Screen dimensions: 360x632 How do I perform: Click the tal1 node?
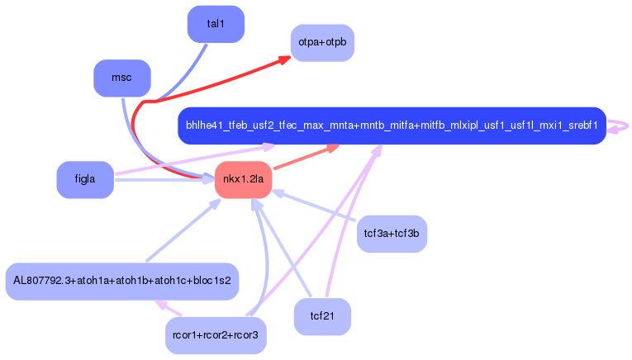tap(216, 24)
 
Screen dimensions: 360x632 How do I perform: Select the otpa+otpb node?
tap(322, 42)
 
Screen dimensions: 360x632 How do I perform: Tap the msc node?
tap(121, 78)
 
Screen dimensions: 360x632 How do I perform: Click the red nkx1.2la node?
tap(244, 179)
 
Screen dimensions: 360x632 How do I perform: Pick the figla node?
tap(84, 179)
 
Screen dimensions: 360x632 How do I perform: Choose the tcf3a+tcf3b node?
tap(392, 234)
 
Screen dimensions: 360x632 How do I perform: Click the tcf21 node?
tap(322, 316)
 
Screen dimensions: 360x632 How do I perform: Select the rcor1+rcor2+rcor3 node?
tap(216, 335)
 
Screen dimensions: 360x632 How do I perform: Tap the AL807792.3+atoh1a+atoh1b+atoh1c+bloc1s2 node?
tap(122, 281)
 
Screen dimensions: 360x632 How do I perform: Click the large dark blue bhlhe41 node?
tap(392, 126)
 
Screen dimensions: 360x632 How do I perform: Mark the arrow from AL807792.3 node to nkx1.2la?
tap(178, 234)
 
